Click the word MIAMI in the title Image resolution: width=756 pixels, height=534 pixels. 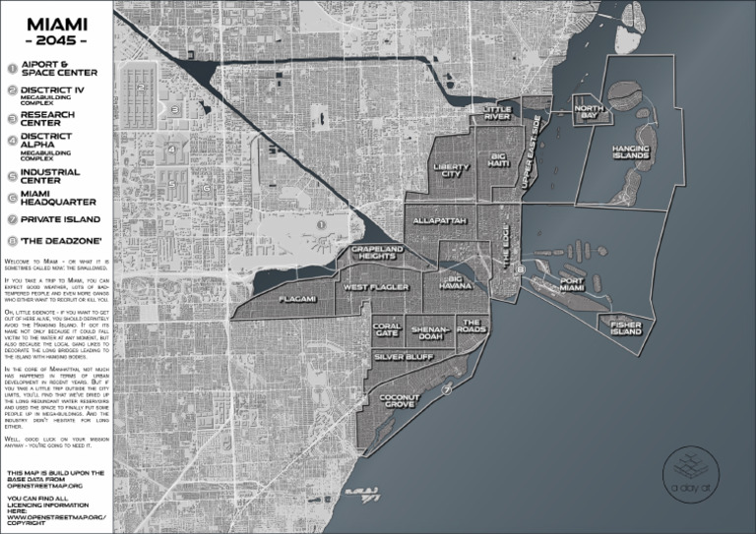point(56,22)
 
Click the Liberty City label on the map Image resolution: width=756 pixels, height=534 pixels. point(452,171)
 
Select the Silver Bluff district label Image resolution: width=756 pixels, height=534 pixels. point(401,359)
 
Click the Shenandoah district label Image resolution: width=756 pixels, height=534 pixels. point(430,332)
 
